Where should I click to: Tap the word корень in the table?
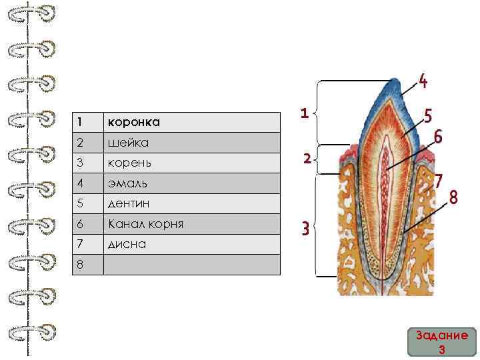pyautogui.click(x=131, y=163)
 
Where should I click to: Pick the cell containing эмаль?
pyautogui.click(x=129, y=183)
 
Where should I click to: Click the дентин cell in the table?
pyautogui.click(x=130, y=203)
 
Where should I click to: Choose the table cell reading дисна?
pyautogui.click(x=128, y=244)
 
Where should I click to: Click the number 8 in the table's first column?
pyautogui.click(x=79, y=265)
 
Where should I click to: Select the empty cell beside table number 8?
pyautogui.click(x=191, y=265)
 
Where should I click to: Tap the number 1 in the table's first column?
pyautogui.click(x=79, y=123)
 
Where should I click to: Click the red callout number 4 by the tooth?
pyautogui.click(x=423, y=82)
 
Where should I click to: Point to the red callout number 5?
pyautogui.click(x=428, y=116)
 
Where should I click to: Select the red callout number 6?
pyautogui.click(x=438, y=136)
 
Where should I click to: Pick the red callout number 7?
pyautogui.click(x=439, y=181)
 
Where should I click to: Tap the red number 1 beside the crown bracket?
pyautogui.click(x=304, y=113)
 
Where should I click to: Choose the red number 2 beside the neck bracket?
pyautogui.click(x=305, y=159)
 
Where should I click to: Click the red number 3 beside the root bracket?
pyautogui.click(x=304, y=231)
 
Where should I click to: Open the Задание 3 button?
pyautogui.click(x=441, y=343)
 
